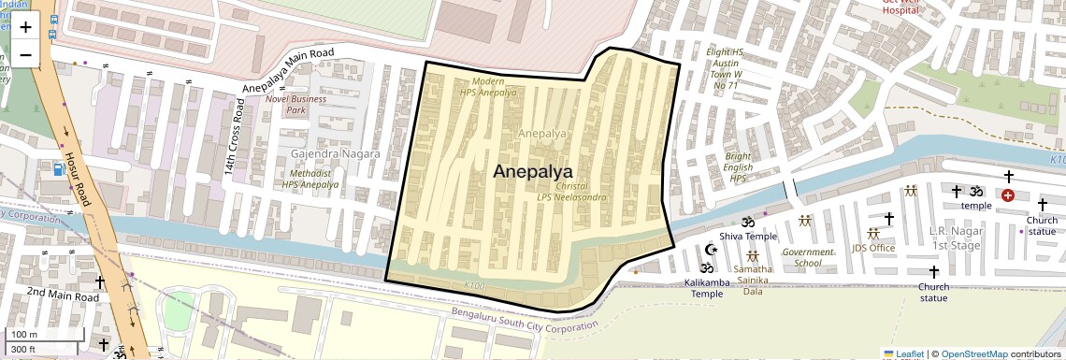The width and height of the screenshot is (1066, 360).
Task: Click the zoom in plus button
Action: pos(25,27)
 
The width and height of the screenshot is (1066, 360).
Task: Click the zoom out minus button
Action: pos(25,54)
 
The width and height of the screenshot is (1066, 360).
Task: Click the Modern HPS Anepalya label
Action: pos(487,88)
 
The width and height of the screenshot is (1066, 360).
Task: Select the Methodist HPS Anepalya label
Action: pos(310,179)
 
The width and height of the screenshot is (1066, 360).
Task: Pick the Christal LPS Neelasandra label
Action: pos(571,192)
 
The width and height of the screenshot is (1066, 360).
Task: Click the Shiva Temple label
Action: pos(748,237)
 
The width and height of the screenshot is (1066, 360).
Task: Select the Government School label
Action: pos(807,257)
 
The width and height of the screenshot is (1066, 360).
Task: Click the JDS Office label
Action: pos(872,248)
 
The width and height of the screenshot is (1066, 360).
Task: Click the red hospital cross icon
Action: pos(1007,194)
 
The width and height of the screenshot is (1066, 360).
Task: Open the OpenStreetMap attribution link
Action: pos(973,353)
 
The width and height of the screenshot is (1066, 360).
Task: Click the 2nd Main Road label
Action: pos(62,295)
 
